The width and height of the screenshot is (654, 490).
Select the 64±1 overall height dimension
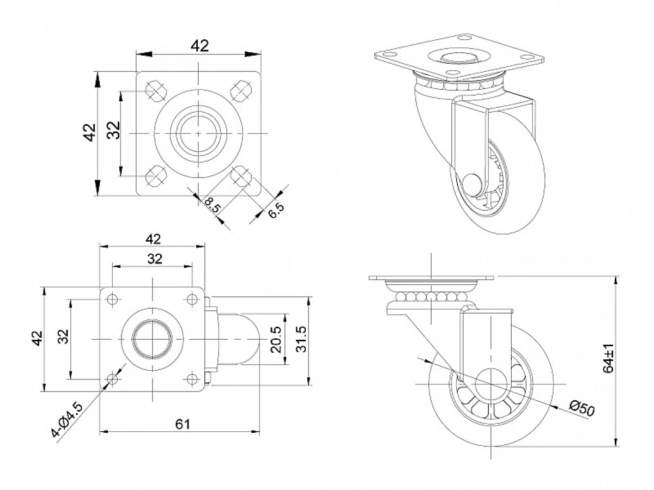(609, 358)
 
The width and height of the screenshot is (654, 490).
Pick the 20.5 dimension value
(275, 339)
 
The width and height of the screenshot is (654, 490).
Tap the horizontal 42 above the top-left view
(199, 46)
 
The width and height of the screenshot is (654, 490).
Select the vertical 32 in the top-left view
(113, 131)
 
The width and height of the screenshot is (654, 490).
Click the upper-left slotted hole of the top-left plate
(155, 90)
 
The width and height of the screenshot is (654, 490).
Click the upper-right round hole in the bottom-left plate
(192, 299)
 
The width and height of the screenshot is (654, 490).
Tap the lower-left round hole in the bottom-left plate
(113, 378)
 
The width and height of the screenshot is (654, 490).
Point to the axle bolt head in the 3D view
(473, 183)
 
